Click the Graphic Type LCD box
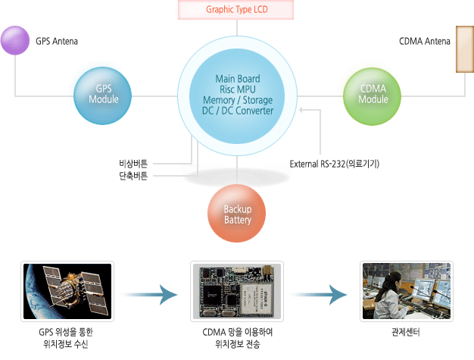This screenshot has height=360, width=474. coord(235,10)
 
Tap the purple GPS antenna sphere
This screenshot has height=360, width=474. coord(15,40)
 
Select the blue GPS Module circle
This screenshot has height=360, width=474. coord(103,95)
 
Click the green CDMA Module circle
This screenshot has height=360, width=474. coord(372,96)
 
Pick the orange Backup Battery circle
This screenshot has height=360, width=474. coord(237,213)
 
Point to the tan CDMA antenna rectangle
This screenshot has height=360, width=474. coord(465,49)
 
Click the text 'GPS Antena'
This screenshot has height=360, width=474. coord(57,41)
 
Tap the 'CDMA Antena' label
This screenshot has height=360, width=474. coord(425,41)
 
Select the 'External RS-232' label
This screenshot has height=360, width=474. coord(317,164)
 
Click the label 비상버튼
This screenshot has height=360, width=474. coord(133,164)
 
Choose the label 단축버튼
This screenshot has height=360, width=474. coord(133,176)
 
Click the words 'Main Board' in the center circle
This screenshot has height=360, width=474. coord(238,79)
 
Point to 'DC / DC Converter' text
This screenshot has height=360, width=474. coord(238,111)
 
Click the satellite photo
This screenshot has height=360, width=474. coord(67,291)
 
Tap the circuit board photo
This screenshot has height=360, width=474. coord(237,291)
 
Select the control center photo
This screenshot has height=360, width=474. coord(407,291)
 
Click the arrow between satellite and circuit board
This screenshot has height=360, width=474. coord(150,295)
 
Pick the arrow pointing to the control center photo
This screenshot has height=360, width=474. coord(320,295)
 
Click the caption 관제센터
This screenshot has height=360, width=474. coord(406,333)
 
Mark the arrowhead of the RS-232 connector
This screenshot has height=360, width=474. coord(301,110)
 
